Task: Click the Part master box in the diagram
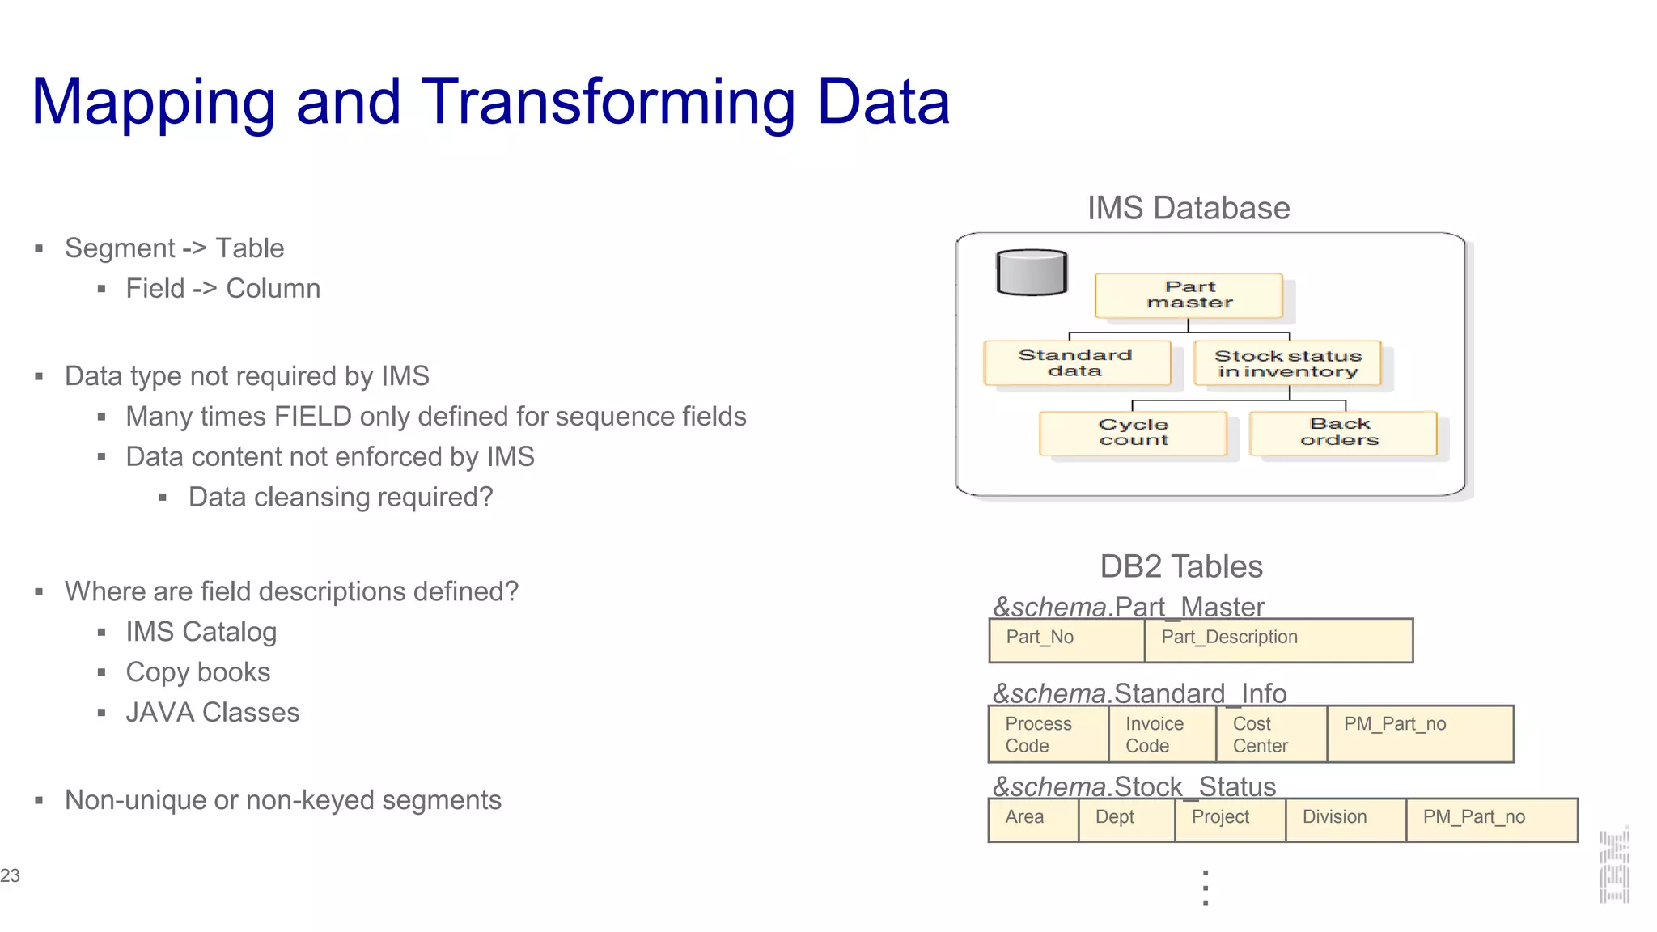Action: coord(1189,295)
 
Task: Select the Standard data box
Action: coord(1077,363)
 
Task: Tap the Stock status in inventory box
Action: coord(1287,364)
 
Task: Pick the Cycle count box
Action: coord(1133,433)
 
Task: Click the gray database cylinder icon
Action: coord(1032,273)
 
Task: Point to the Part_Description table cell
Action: coord(1278,640)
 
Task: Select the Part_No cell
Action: coord(1066,640)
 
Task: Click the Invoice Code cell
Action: coord(1162,734)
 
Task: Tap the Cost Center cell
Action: coord(1271,734)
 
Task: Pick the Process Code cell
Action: coord(1049,734)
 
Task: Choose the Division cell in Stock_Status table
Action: coord(1345,819)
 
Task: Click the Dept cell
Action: coord(1126,819)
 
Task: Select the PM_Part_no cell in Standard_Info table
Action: coord(1420,734)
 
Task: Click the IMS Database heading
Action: coord(1188,208)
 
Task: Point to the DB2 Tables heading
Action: coord(1180,566)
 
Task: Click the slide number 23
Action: coord(11,875)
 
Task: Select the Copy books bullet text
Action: coord(197,672)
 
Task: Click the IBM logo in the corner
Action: coord(1614,866)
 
